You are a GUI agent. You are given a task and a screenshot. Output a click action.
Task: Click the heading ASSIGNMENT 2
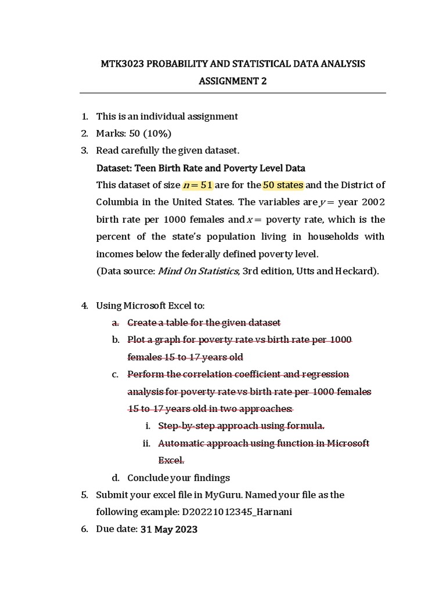[232, 81]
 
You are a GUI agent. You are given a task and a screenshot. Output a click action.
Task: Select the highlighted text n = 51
[198, 186]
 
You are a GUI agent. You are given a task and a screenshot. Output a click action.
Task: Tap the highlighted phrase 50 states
[283, 186]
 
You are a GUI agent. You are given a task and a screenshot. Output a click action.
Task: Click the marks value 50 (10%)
[150, 133]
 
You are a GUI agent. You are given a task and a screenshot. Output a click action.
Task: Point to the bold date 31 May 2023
[169, 530]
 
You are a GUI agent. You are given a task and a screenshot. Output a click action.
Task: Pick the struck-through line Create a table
[203, 323]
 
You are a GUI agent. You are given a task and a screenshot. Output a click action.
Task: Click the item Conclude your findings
[178, 478]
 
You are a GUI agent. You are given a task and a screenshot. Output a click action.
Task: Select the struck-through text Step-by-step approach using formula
[241, 426]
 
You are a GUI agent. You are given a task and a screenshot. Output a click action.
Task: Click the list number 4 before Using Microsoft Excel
[84, 306]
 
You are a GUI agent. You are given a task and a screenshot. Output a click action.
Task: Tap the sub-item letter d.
[115, 478]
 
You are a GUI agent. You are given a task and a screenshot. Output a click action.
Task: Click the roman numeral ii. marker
[146, 444]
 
